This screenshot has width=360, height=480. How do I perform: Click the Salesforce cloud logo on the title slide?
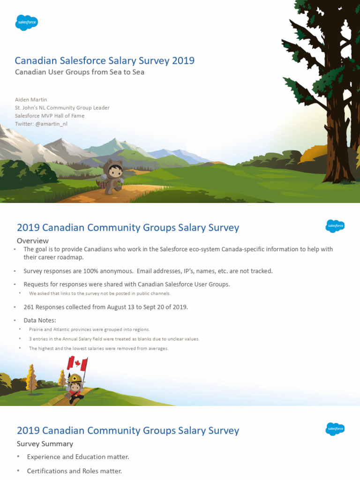click(26, 22)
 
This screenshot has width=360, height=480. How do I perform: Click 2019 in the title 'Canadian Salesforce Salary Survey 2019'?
click(183, 60)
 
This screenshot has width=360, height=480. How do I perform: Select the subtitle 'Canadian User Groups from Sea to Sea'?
click(80, 72)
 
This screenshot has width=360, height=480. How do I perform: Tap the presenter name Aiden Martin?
click(31, 99)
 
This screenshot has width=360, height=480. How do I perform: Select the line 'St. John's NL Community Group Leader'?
click(62, 108)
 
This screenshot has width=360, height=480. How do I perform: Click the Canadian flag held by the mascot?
click(78, 363)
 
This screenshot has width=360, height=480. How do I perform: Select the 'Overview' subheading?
click(32, 240)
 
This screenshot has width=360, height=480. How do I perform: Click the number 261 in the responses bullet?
click(29, 307)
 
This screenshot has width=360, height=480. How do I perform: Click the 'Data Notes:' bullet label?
click(40, 320)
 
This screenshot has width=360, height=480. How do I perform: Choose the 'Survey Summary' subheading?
click(45, 443)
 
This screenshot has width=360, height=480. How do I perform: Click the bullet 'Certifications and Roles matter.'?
click(74, 471)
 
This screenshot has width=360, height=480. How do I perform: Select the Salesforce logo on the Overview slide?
click(335, 226)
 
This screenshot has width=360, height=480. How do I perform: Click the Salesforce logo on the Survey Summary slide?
click(335, 429)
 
